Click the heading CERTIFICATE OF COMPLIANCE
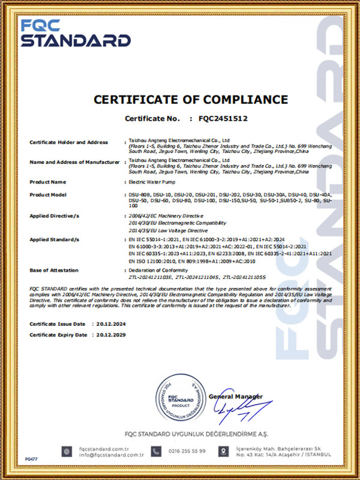click(190, 100)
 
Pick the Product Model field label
click(48, 195)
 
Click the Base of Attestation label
click(53, 271)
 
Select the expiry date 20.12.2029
click(111, 335)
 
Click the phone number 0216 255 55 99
click(187, 451)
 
